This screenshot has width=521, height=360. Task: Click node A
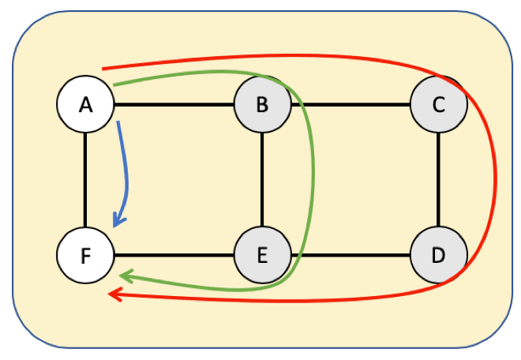point(86,104)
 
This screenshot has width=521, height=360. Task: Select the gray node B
point(262,104)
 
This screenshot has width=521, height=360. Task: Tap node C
point(439,104)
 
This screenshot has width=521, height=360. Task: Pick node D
point(439,255)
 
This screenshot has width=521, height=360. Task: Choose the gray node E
point(262,255)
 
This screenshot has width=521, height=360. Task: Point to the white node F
point(86,255)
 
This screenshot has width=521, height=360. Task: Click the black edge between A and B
point(174,104)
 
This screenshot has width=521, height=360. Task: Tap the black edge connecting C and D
point(439,180)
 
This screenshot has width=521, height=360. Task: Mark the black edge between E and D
point(355,255)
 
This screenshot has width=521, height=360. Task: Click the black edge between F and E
point(174,255)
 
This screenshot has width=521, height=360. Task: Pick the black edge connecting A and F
point(86,180)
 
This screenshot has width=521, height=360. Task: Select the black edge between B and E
point(262,180)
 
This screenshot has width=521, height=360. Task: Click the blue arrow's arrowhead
point(118,222)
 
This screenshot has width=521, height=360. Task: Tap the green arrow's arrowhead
point(125,277)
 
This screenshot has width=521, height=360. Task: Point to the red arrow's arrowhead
point(114,295)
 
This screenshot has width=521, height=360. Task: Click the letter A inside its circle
point(86,104)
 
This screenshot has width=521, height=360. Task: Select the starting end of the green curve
point(115,84)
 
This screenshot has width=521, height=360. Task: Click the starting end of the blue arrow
point(118,122)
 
